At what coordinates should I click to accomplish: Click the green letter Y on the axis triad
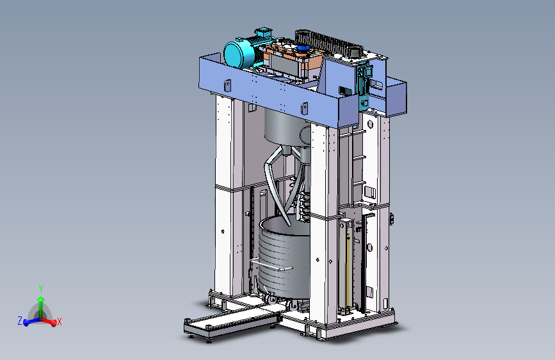tap(41, 288)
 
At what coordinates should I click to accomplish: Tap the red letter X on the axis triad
tap(59, 322)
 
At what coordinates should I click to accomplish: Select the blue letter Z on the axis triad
tap(20, 321)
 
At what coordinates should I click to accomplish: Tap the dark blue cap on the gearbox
tap(302, 47)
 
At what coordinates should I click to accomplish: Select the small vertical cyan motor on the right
tap(364, 85)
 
